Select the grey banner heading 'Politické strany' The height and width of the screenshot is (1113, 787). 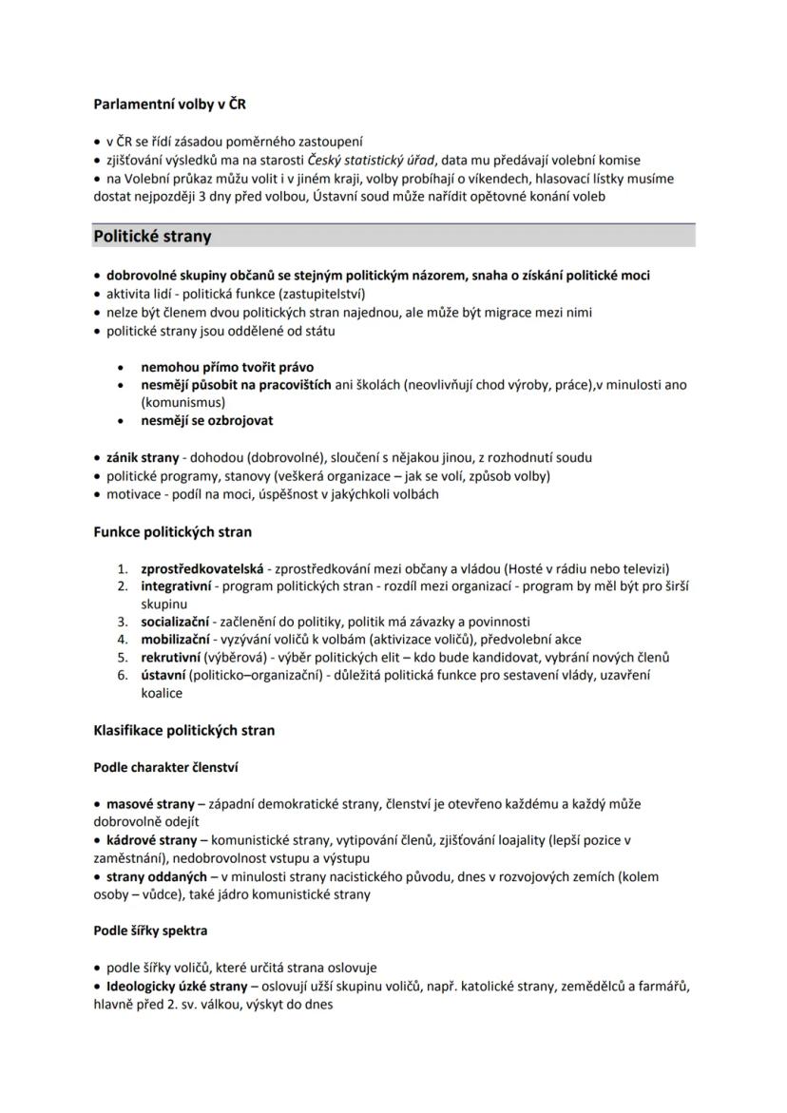coord(152,236)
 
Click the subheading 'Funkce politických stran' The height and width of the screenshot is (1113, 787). coord(172,532)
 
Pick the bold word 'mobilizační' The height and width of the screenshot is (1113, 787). coord(175,640)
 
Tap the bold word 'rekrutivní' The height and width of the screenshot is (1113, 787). coord(171,657)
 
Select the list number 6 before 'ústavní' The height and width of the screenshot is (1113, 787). coord(123,675)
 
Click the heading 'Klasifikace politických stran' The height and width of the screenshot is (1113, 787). coord(183,731)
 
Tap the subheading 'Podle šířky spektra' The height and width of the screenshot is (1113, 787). coord(150,931)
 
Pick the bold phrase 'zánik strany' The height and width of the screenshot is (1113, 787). coord(143,458)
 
